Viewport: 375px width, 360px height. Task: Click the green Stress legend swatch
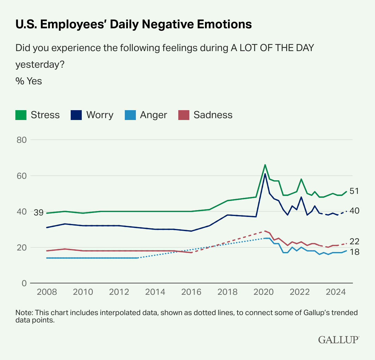pos(21,115)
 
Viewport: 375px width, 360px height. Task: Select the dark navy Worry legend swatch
pos(76,115)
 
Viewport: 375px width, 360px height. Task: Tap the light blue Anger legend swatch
pos(130,115)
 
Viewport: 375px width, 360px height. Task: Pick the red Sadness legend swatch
pos(184,115)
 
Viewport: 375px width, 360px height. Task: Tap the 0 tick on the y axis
pos(24,283)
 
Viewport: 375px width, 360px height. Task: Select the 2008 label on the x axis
pos(47,292)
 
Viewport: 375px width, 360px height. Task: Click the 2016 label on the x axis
pos(191,292)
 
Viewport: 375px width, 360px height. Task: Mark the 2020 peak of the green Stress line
pos(265,165)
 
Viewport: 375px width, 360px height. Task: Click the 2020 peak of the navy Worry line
pos(265,174)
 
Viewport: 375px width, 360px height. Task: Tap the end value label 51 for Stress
pos(354,191)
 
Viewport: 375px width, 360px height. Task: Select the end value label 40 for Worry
pos(354,211)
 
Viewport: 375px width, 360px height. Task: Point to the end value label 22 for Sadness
pos(354,242)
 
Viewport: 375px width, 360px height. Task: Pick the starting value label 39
pos(38,213)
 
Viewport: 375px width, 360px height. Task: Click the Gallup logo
pos(338,340)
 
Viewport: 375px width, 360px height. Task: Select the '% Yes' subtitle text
pos(29,81)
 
